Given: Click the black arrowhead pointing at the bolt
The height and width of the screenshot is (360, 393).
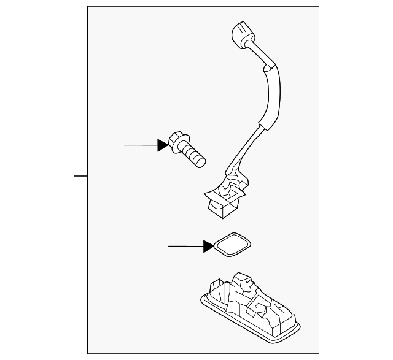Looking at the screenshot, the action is [x=163, y=145].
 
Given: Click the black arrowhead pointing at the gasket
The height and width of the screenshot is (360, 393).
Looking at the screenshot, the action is [x=208, y=247].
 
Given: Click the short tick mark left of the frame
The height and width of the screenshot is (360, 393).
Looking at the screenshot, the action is [x=80, y=176].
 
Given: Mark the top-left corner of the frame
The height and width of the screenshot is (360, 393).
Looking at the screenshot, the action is [x=87, y=7].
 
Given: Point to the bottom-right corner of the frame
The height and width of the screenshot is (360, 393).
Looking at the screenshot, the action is [x=319, y=353].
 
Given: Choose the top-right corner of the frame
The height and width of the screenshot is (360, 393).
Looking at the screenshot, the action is [x=319, y=7].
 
